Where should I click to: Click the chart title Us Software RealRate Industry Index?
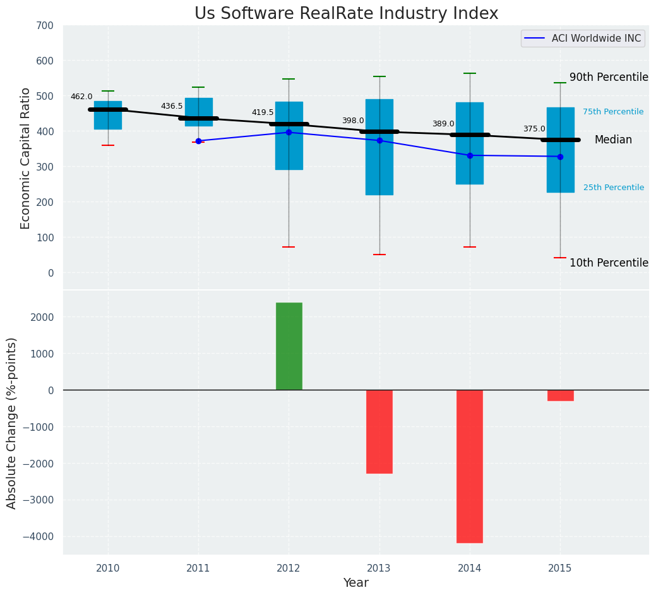pos(346,14)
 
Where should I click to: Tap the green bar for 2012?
pos(289,346)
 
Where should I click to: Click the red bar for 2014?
pos(470,466)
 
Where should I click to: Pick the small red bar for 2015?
pos(560,395)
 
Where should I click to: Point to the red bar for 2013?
pos(379,431)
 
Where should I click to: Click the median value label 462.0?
pos(81,97)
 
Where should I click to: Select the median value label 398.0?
pos(353,121)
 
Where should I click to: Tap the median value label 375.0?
pos(534,129)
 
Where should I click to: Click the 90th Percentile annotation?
pos(609,77)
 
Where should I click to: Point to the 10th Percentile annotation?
pos(609,263)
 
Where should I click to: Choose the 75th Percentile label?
pos(613,112)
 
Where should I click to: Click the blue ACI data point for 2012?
pos(289,132)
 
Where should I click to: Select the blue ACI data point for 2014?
pos(470,155)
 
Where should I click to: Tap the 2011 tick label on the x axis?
pos(198,568)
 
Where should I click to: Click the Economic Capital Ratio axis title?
pos(26,158)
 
